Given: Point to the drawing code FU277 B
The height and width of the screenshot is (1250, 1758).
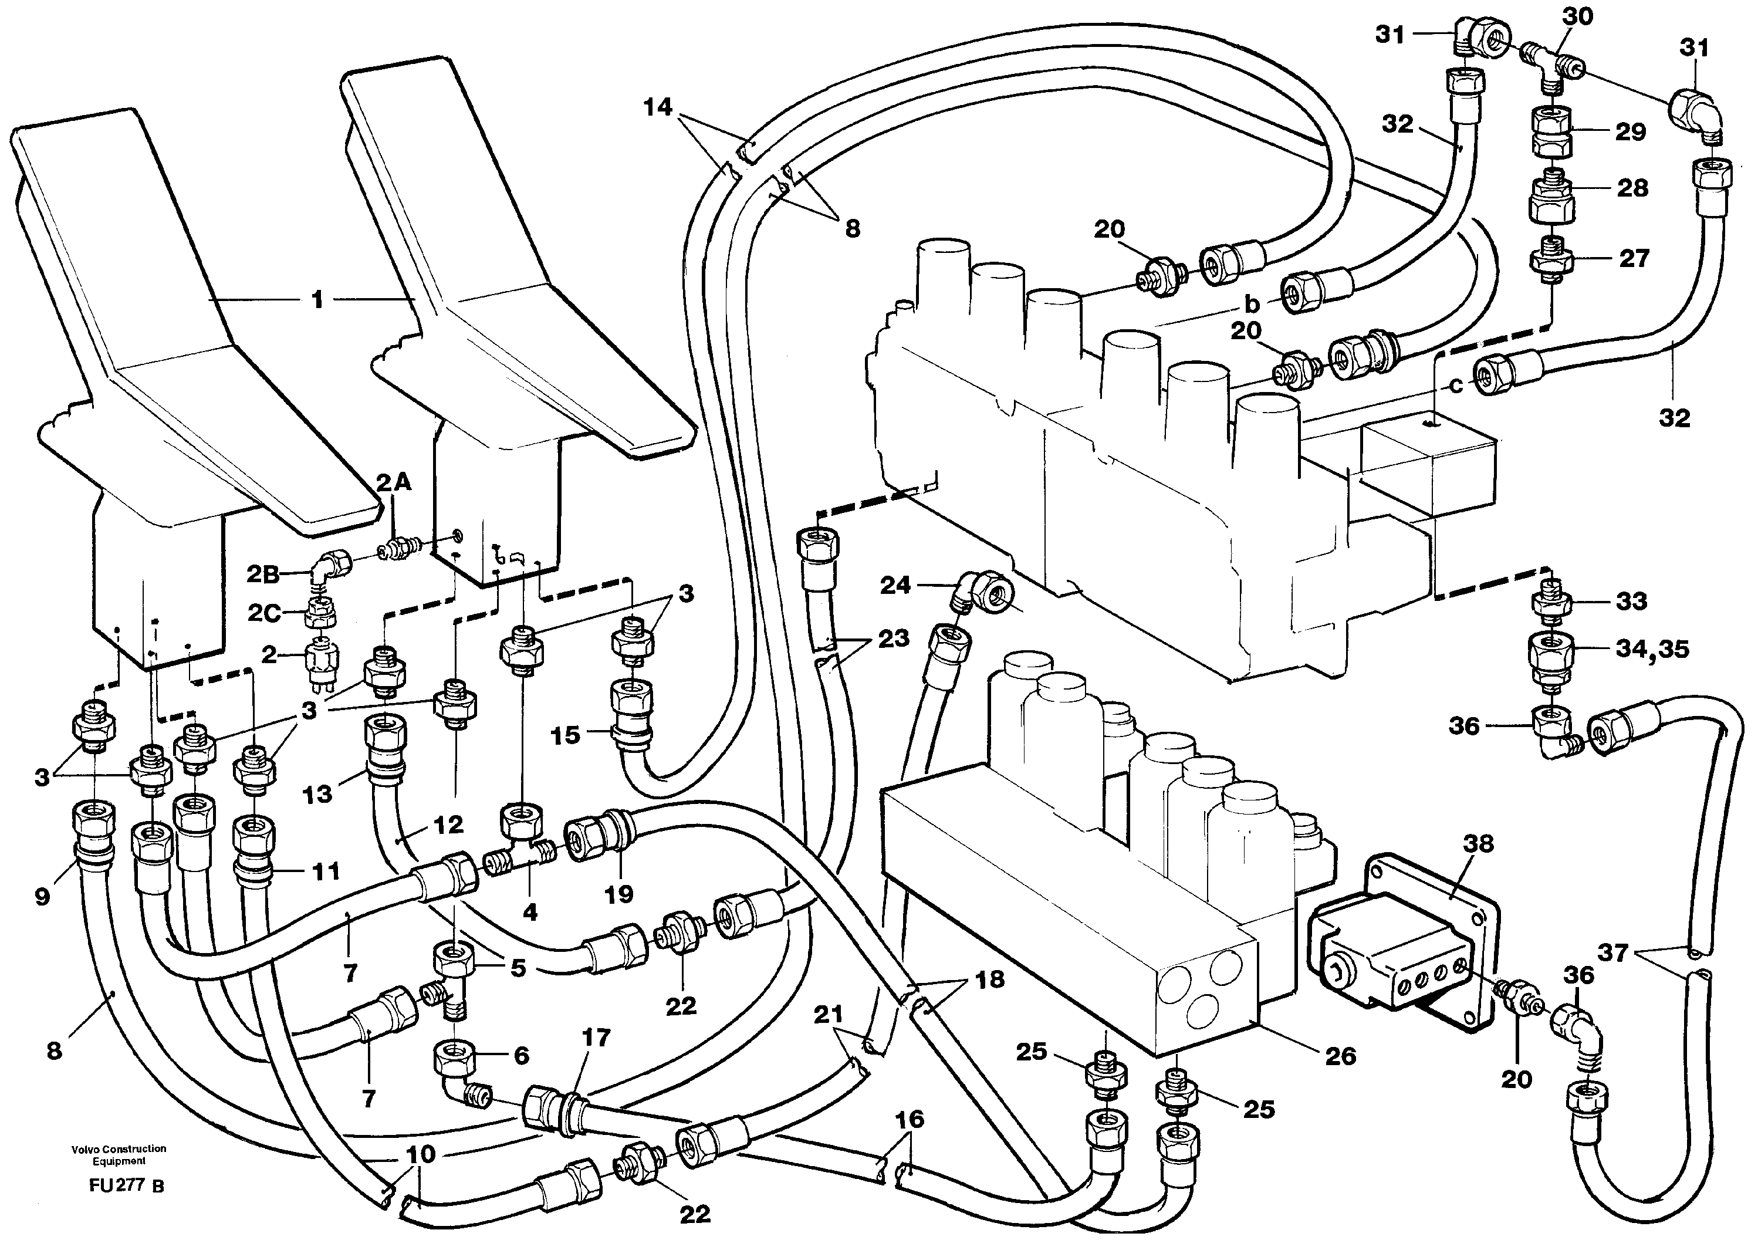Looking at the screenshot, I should [126, 1185].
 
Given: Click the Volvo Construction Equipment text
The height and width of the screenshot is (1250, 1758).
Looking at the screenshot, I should [119, 1154].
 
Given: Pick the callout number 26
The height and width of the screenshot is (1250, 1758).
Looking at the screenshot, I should [1340, 1056].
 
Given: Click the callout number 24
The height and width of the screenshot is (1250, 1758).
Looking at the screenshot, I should [895, 586].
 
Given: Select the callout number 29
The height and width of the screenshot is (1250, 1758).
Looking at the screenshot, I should [1630, 131].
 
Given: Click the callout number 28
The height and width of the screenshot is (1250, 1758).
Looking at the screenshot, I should [1632, 188].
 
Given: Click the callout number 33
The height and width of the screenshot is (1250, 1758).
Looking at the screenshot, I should [1630, 601].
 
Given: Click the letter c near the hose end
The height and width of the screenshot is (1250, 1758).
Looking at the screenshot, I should [1455, 386].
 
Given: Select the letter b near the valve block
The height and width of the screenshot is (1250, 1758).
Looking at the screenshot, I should [1252, 304].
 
